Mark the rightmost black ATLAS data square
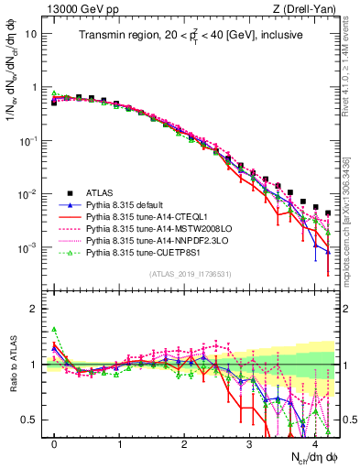pyautogui.click(x=328, y=213)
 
